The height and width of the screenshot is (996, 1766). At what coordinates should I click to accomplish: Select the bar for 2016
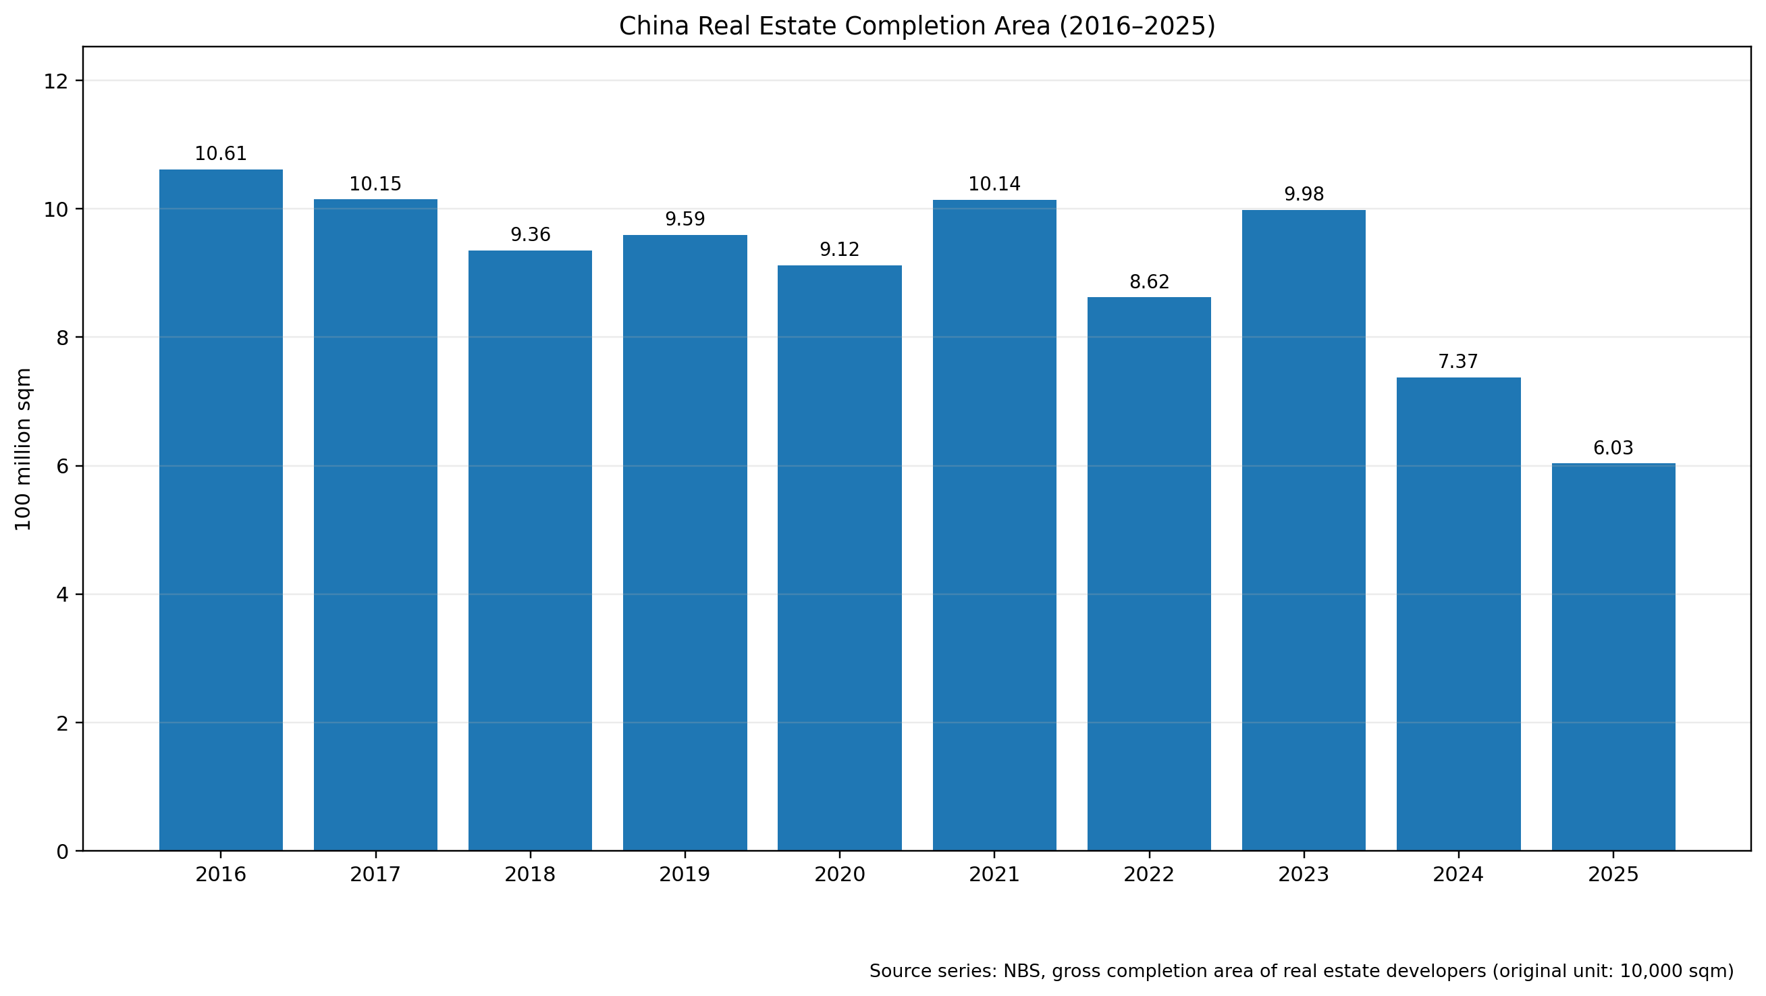(221, 510)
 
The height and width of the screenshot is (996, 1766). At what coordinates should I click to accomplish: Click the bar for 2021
(994, 525)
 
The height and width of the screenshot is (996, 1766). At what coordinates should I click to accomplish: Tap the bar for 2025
(1613, 656)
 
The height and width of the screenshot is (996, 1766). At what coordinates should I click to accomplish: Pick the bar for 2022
(1149, 573)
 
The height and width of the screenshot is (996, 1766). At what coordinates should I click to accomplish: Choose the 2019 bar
(685, 543)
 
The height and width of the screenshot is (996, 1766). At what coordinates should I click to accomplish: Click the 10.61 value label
(221, 154)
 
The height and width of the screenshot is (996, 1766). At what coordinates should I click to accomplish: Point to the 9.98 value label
(1304, 194)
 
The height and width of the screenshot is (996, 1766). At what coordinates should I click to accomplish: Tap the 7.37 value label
(1458, 361)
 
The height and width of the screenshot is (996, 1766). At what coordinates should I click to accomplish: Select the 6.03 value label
(1613, 448)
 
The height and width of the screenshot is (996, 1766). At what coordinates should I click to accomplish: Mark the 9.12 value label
(840, 250)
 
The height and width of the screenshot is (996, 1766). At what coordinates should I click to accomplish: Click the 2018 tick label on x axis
(530, 874)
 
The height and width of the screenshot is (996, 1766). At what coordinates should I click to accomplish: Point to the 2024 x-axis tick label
(1458, 874)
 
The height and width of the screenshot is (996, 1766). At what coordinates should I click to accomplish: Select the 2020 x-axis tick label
(840, 874)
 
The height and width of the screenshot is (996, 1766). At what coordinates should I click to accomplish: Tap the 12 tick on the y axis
(56, 82)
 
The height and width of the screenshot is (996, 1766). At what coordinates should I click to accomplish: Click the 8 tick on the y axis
(62, 338)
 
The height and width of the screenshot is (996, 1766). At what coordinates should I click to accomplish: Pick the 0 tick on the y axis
(62, 851)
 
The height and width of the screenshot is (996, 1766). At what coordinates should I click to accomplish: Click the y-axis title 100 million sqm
(24, 449)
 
